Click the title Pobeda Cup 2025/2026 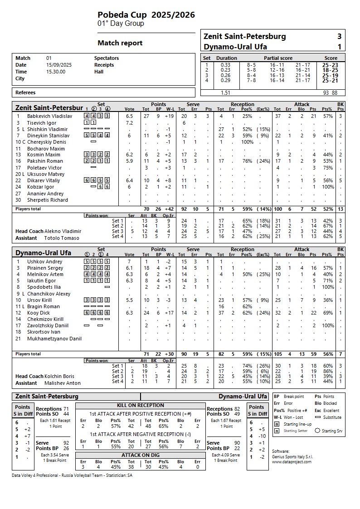[x=146, y=15]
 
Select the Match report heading [x=120, y=43]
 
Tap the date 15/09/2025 [x=56, y=65]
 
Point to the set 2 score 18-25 [x=330, y=70]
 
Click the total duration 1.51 [x=225, y=93]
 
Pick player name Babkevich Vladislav [x=48, y=116]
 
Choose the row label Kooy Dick [x=39, y=313]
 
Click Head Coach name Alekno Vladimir [x=63, y=231]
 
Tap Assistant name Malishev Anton [x=63, y=383]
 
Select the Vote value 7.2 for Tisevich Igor [x=129, y=123]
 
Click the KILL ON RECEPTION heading [x=140, y=405]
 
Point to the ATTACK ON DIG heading [x=140, y=455]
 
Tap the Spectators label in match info [x=107, y=58]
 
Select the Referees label [x=25, y=92]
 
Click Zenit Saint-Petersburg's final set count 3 [x=339, y=37]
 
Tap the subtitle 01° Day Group [x=121, y=24]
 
